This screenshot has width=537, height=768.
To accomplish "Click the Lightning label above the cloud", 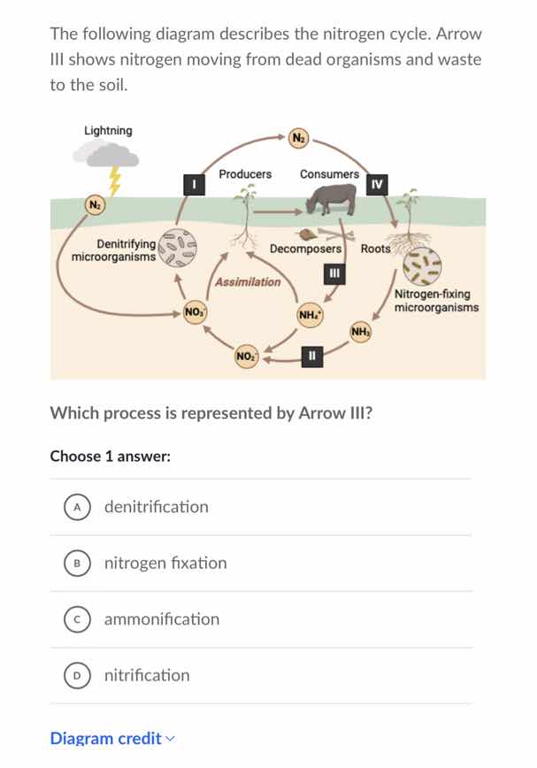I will click(x=108, y=131).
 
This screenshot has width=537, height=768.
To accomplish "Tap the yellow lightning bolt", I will click(x=114, y=183).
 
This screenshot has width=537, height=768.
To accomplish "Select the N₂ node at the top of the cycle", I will click(x=299, y=137).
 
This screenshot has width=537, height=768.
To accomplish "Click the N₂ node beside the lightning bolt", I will click(x=93, y=205).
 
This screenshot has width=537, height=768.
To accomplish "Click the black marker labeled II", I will click(x=310, y=356).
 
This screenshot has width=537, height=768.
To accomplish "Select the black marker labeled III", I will click(x=333, y=273).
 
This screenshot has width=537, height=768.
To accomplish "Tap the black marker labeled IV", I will click(x=377, y=184).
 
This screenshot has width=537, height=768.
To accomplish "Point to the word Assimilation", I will click(x=248, y=282).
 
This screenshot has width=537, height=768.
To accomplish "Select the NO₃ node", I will click(x=194, y=311).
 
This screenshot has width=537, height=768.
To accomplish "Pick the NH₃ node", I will click(x=360, y=333).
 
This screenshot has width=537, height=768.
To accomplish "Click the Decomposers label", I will click(x=305, y=250).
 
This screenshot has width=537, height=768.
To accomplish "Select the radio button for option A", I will click(x=78, y=507).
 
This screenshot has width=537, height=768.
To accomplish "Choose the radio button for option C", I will click(x=78, y=619).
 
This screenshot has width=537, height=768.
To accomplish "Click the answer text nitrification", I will click(x=147, y=675).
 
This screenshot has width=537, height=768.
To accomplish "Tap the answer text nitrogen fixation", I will click(x=165, y=563).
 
